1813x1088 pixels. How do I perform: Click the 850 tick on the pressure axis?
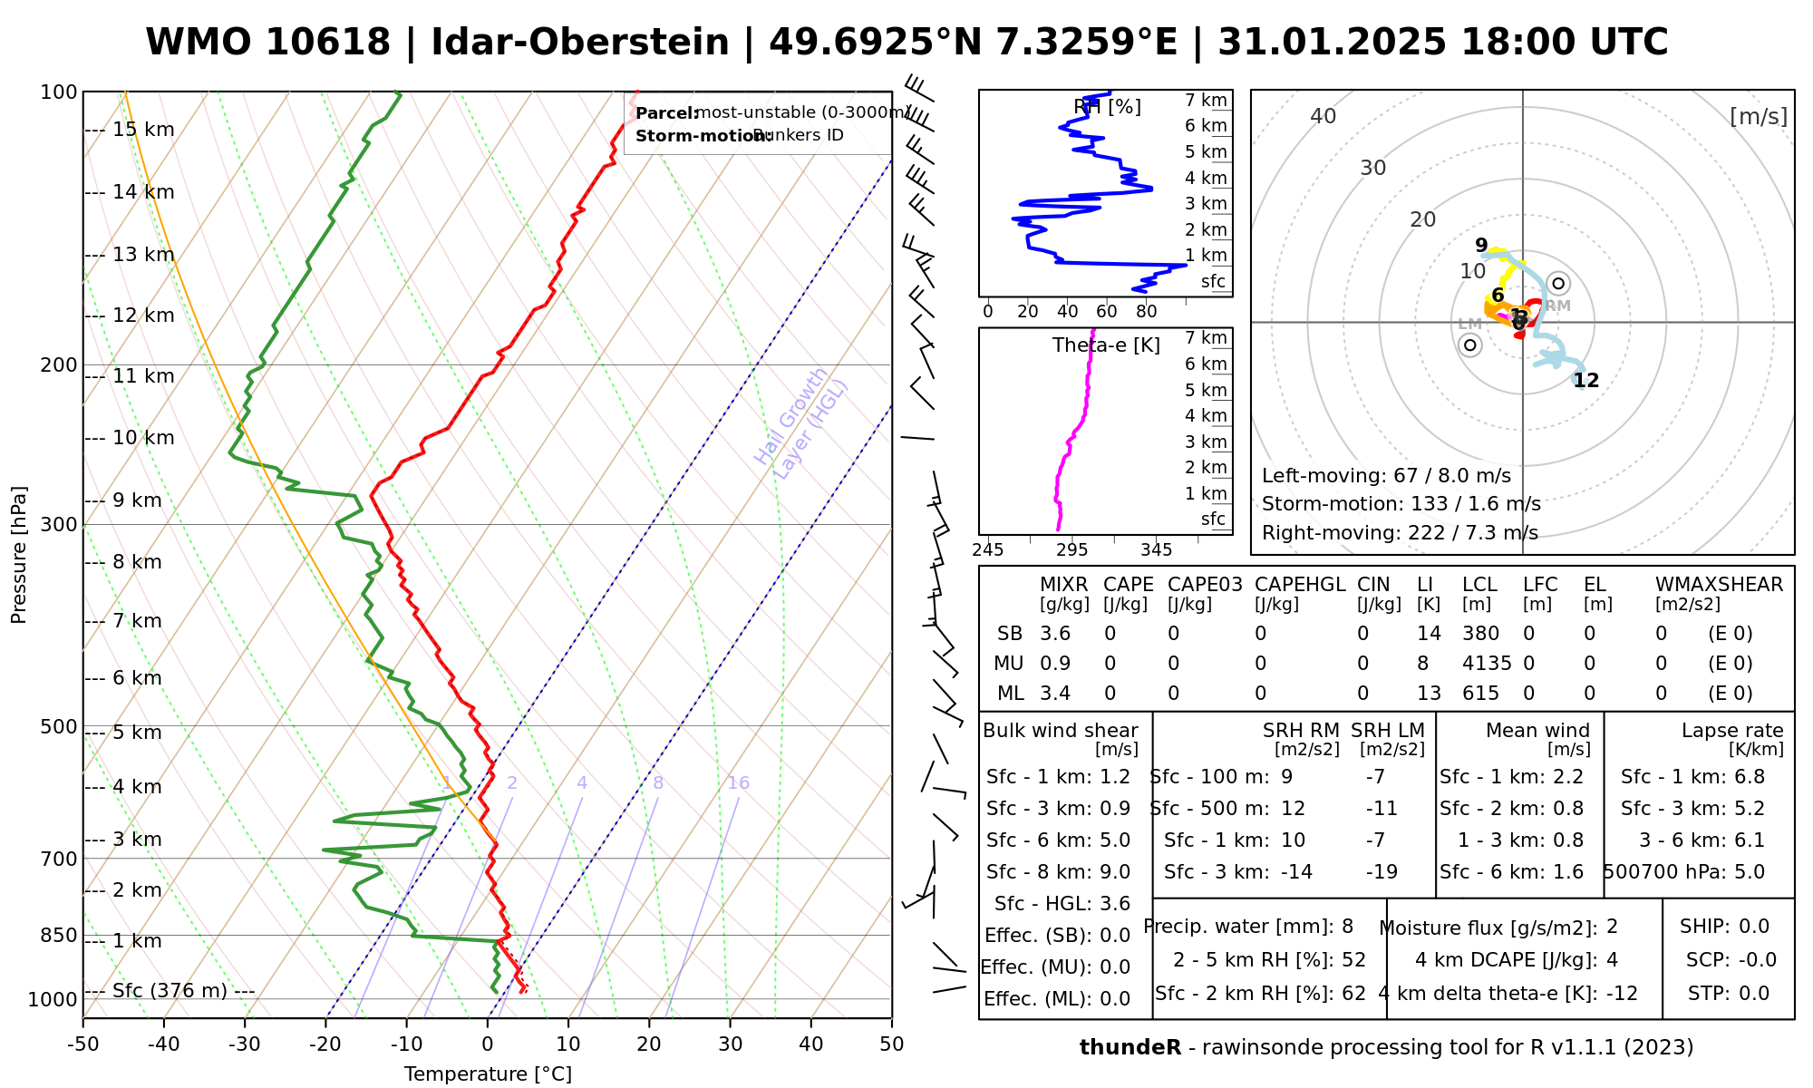58,935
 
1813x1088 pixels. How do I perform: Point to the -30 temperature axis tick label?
244,1044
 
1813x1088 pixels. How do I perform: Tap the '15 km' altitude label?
143,130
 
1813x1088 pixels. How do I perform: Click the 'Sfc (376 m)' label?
170,991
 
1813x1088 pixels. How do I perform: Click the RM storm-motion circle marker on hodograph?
1558,283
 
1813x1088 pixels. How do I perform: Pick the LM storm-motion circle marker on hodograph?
1470,345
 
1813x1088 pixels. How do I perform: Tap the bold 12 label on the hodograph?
1585,381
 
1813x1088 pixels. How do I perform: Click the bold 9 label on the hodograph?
1481,246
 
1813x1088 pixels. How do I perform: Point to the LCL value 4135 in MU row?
1487,664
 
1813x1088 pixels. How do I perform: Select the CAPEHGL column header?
1299,585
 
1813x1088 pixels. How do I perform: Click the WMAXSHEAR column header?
1719,585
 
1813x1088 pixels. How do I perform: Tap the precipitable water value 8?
1347,927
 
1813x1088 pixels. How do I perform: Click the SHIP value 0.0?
1754,927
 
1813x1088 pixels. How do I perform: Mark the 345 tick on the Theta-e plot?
1156,550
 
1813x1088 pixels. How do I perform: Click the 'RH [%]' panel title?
1107,107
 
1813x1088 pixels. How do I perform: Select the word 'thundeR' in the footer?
1129,1048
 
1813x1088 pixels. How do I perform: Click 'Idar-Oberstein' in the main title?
580,43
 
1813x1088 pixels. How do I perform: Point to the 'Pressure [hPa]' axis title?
19,555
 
